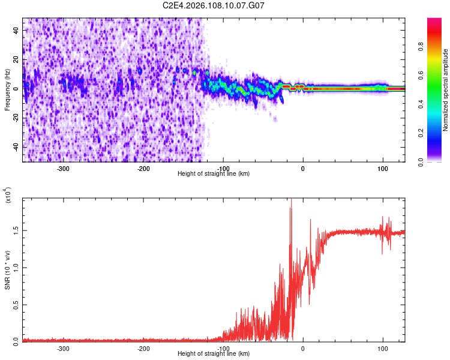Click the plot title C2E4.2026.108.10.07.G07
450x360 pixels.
point(214,5)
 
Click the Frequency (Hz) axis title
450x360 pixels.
point(7,90)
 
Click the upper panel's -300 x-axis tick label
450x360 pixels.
point(64,168)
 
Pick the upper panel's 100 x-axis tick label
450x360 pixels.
point(382,168)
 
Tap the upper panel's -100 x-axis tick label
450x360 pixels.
point(223,168)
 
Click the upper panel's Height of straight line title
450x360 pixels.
point(214,174)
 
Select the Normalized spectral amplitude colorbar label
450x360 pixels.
point(446,90)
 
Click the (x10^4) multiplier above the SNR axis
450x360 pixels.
point(7,195)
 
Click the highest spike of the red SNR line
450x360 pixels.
point(291,202)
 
